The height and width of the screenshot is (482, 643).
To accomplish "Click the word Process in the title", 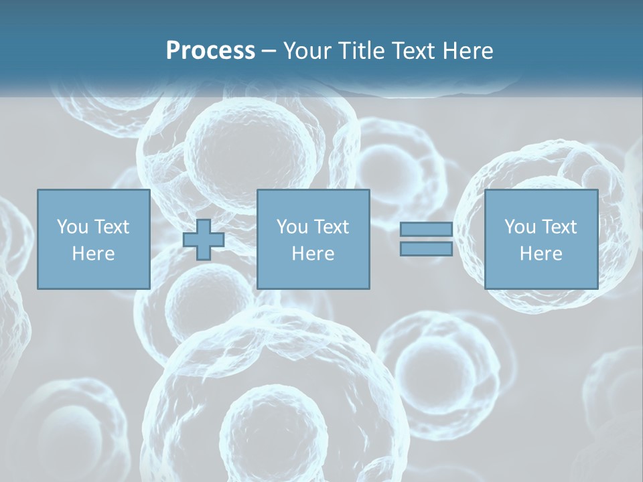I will [x=210, y=51].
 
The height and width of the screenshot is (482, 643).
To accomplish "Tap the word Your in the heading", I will [x=307, y=51].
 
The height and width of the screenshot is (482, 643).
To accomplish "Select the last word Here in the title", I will [x=468, y=51].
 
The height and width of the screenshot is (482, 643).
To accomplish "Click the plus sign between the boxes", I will [x=204, y=240].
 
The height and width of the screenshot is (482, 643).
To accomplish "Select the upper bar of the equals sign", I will [x=426, y=229].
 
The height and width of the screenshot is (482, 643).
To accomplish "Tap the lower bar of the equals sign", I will [x=426, y=248].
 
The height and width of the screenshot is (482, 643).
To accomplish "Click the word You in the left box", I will [x=72, y=227].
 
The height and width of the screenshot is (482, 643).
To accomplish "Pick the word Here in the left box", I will [x=93, y=254].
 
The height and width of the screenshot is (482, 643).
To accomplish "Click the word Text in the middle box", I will [x=331, y=227].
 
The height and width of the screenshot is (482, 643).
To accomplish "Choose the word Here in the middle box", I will [x=313, y=254].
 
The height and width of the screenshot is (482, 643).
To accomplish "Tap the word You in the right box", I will [x=520, y=227].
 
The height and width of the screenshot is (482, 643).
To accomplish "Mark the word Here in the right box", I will [x=541, y=254].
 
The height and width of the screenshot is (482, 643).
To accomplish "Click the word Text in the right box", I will [x=559, y=227].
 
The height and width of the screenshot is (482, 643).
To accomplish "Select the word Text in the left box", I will [x=111, y=227].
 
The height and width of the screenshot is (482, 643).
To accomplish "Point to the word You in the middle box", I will [x=292, y=227].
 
